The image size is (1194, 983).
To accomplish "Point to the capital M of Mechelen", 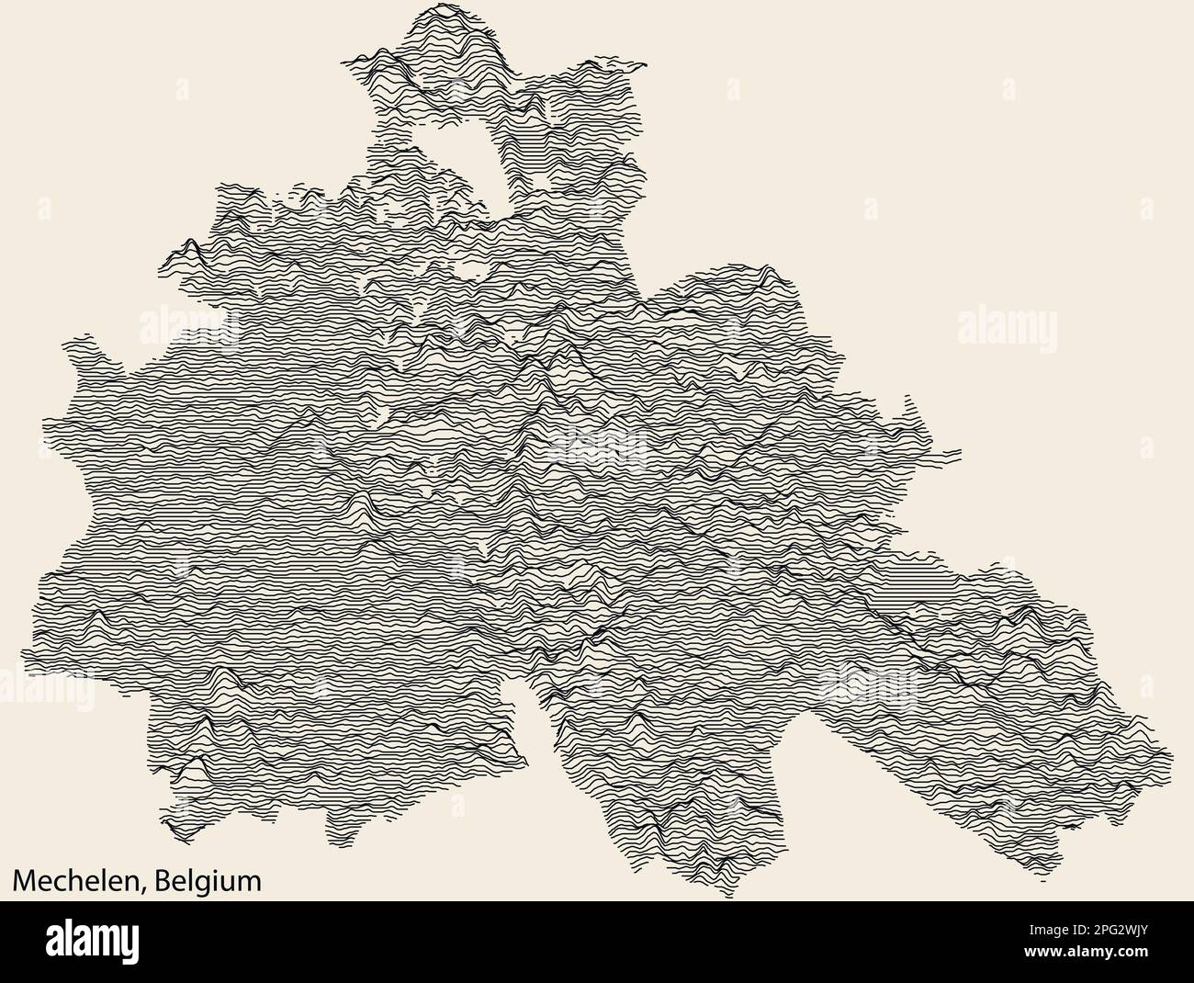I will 22,881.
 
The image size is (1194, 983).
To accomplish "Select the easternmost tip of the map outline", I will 1173,759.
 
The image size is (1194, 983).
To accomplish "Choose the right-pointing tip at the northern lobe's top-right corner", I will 646,66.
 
